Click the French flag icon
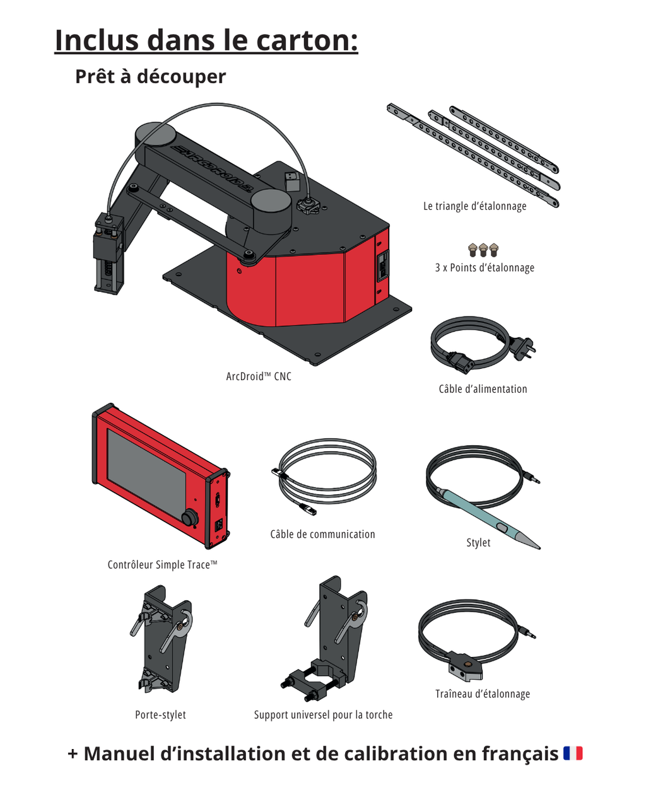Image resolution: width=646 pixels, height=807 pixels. [x=573, y=753]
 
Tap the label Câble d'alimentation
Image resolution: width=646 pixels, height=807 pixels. [x=483, y=389]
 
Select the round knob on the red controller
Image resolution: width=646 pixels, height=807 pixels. [x=189, y=518]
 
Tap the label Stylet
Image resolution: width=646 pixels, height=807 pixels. [x=478, y=542]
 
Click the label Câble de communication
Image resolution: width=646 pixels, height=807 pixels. [x=322, y=534]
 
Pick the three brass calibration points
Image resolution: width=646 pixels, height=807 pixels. [x=483, y=250]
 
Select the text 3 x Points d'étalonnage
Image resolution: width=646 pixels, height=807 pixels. [x=484, y=267]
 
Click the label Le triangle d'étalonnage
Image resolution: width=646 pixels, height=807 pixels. [x=474, y=206]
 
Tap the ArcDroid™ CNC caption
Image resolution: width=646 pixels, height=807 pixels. [x=259, y=376]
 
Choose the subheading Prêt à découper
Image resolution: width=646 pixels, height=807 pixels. [x=150, y=76]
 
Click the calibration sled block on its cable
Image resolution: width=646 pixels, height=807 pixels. [x=465, y=670]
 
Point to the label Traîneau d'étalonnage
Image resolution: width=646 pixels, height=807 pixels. [x=483, y=694]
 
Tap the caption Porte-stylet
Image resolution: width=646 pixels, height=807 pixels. [x=160, y=714]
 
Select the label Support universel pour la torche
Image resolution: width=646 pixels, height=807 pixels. [x=323, y=714]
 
